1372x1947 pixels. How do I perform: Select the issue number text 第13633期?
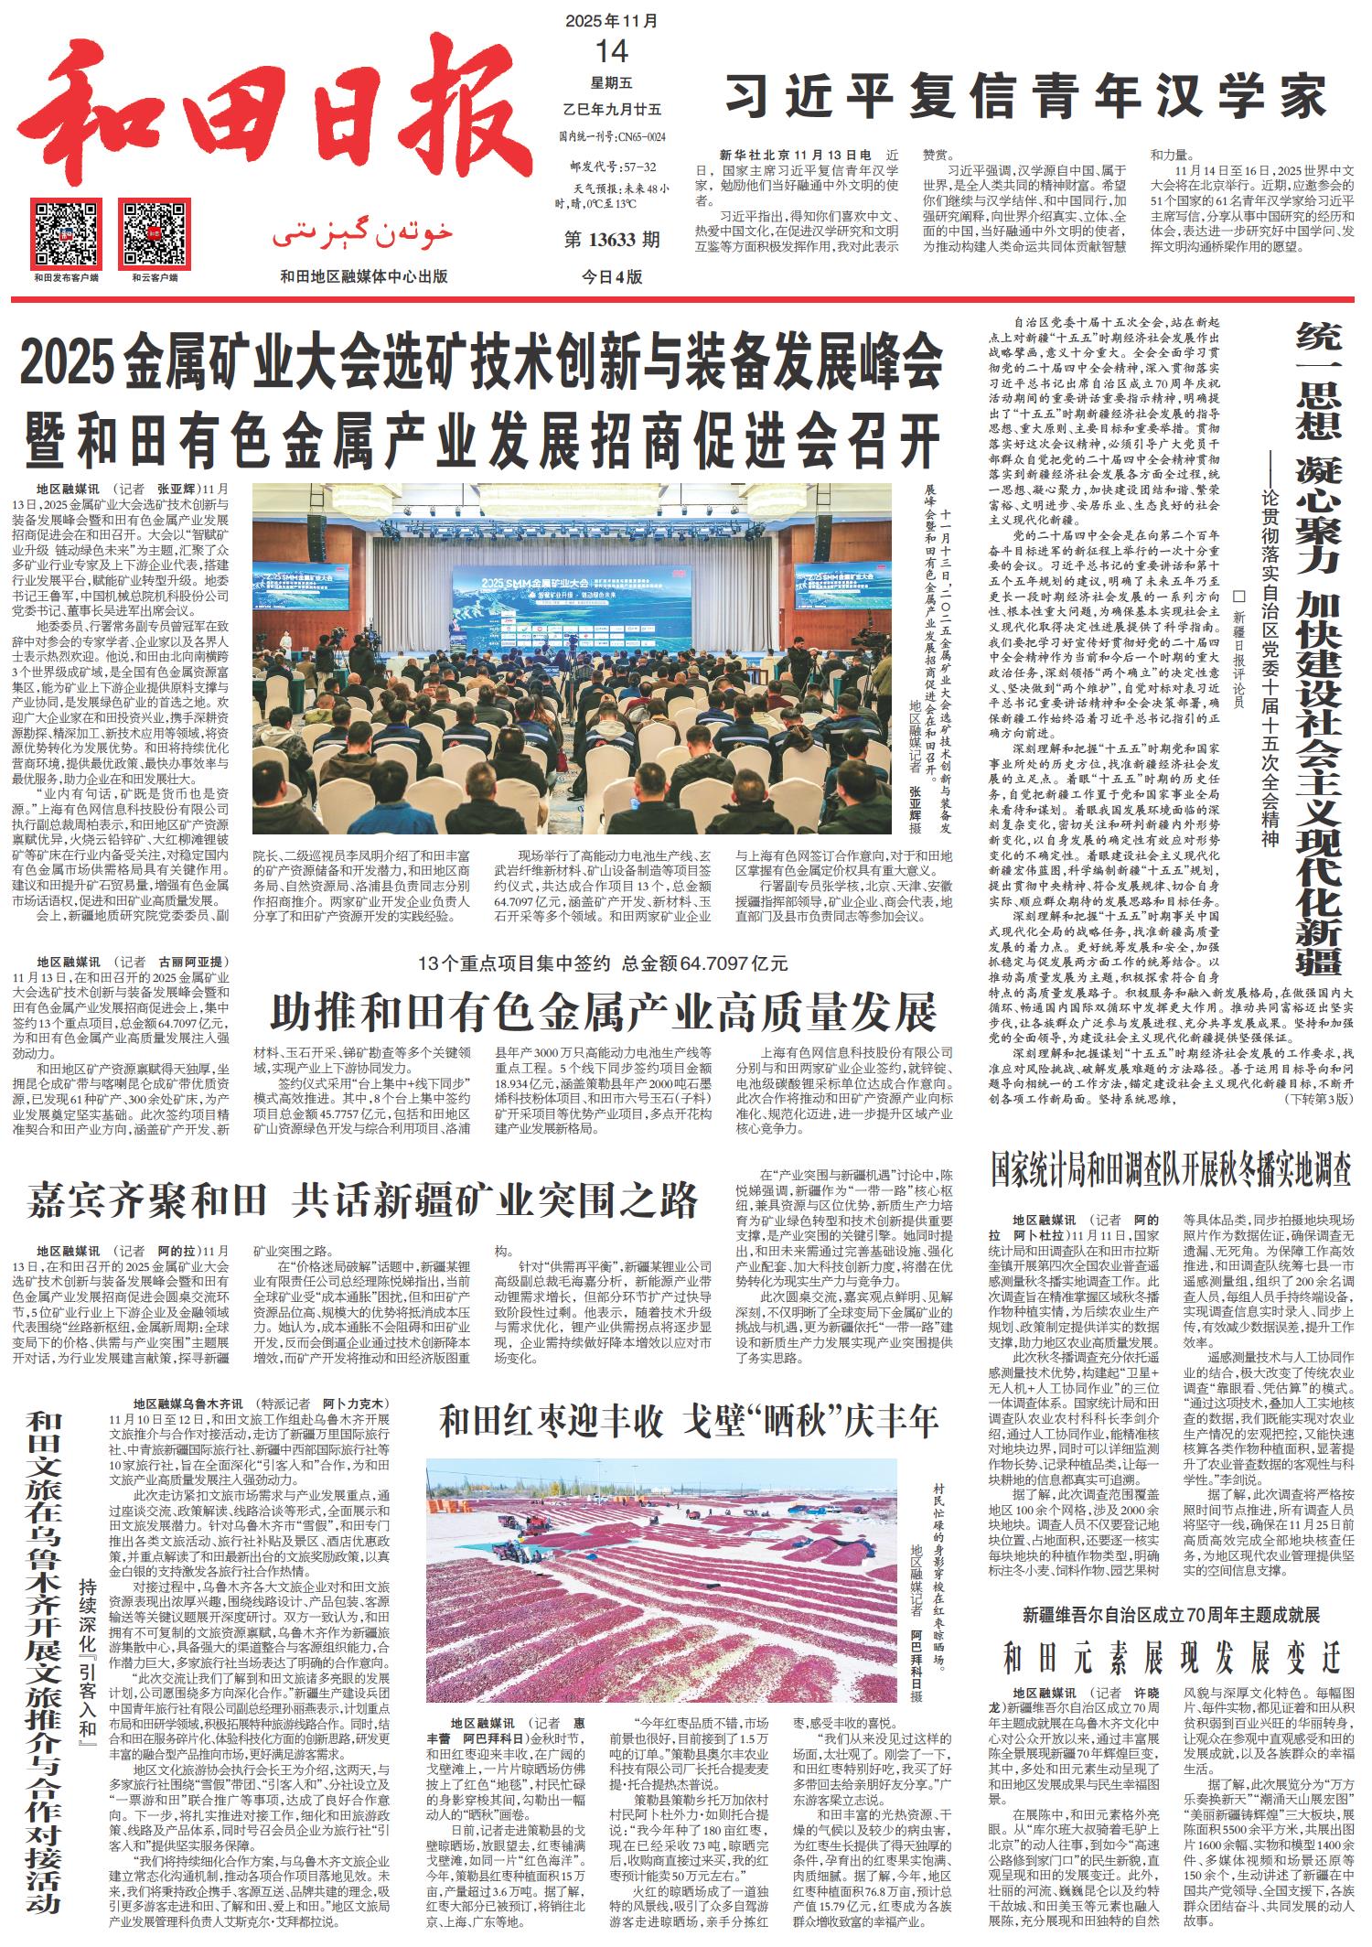click(612, 241)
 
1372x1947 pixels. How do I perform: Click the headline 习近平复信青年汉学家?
click(1024, 94)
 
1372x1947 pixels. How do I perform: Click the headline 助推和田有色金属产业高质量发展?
click(604, 1011)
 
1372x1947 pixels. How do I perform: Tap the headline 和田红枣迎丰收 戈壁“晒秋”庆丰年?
click(688, 1421)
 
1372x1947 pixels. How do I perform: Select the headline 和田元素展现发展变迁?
click(1171, 1656)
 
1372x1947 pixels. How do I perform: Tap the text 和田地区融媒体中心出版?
click(363, 277)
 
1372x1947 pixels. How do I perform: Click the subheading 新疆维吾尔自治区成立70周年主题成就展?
click(1171, 1613)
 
